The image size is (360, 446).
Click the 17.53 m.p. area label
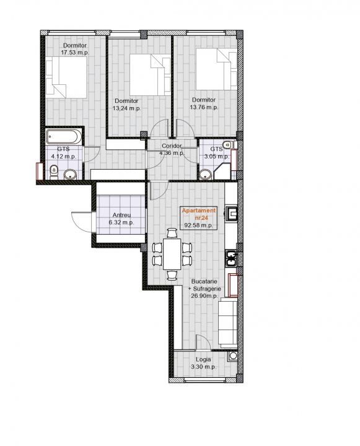(x=75, y=53)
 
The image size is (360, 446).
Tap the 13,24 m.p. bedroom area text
(x=126, y=108)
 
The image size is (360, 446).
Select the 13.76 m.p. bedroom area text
(x=204, y=108)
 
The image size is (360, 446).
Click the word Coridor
(x=172, y=146)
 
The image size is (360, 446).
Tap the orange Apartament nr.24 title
(x=199, y=214)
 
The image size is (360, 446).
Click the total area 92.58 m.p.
(x=199, y=225)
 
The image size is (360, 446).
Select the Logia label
(x=203, y=359)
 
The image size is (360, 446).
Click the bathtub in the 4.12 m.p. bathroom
(x=64, y=137)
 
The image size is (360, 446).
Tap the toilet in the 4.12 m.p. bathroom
(x=53, y=172)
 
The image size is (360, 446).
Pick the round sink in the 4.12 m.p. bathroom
(x=70, y=174)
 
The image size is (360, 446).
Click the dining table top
(x=172, y=254)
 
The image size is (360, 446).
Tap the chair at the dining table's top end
(x=172, y=233)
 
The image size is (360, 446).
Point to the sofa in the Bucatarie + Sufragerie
(x=227, y=323)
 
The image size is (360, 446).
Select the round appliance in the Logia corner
(x=233, y=356)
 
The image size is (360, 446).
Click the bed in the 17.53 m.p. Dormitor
(x=66, y=77)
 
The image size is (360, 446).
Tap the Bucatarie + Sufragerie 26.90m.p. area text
(x=204, y=289)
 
